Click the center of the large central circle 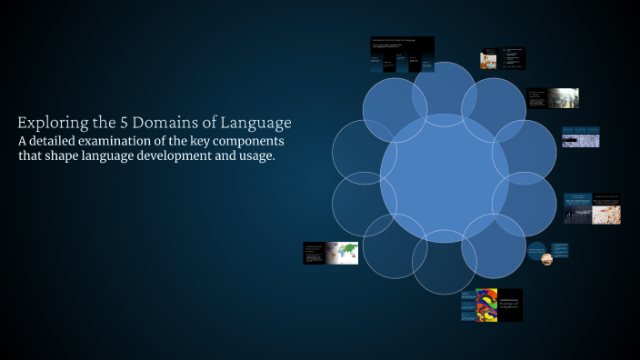[x=445, y=178]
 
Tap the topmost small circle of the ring [x=445, y=95]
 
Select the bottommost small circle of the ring [x=445, y=263]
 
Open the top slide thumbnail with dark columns [x=401, y=55]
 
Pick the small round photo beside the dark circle [x=547, y=259]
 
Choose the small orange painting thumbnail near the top [x=489, y=60]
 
